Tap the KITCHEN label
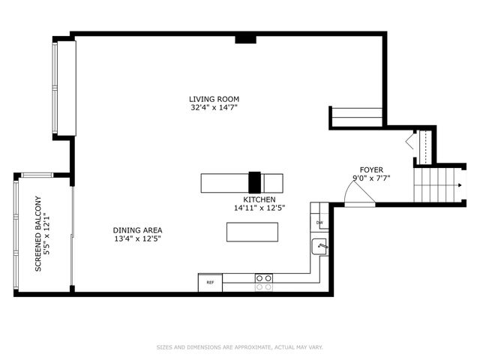[x=259, y=199]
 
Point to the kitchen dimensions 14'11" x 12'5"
[x=259, y=208]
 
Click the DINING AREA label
[x=137, y=230]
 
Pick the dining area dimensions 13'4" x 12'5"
[x=137, y=238]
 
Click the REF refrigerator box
[x=210, y=283]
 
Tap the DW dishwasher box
[x=319, y=223]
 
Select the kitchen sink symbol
[x=319, y=246]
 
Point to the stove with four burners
[x=263, y=281]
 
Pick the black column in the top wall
[x=244, y=38]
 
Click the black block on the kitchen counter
[x=255, y=183]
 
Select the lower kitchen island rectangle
[x=252, y=232]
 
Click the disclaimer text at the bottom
[x=239, y=347]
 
